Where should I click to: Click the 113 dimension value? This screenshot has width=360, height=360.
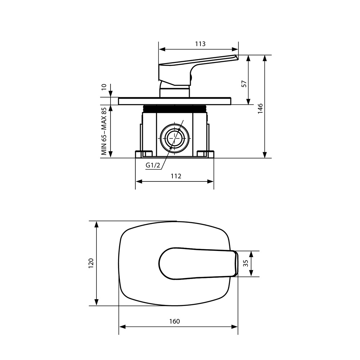click(200, 44)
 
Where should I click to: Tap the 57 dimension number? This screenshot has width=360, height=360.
click(244, 84)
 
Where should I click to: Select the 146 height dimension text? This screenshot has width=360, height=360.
click(260, 109)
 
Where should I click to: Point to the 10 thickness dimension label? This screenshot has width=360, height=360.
click(104, 87)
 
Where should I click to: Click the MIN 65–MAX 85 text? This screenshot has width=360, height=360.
click(104, 131)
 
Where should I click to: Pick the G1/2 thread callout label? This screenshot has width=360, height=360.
click(153, 165)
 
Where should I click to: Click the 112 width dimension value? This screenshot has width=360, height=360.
click(176, 176)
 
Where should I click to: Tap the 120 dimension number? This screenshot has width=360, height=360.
click(91, 264)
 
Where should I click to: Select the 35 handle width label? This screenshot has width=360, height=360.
click(246, 264)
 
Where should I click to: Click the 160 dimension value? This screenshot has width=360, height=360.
click(175, 321)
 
